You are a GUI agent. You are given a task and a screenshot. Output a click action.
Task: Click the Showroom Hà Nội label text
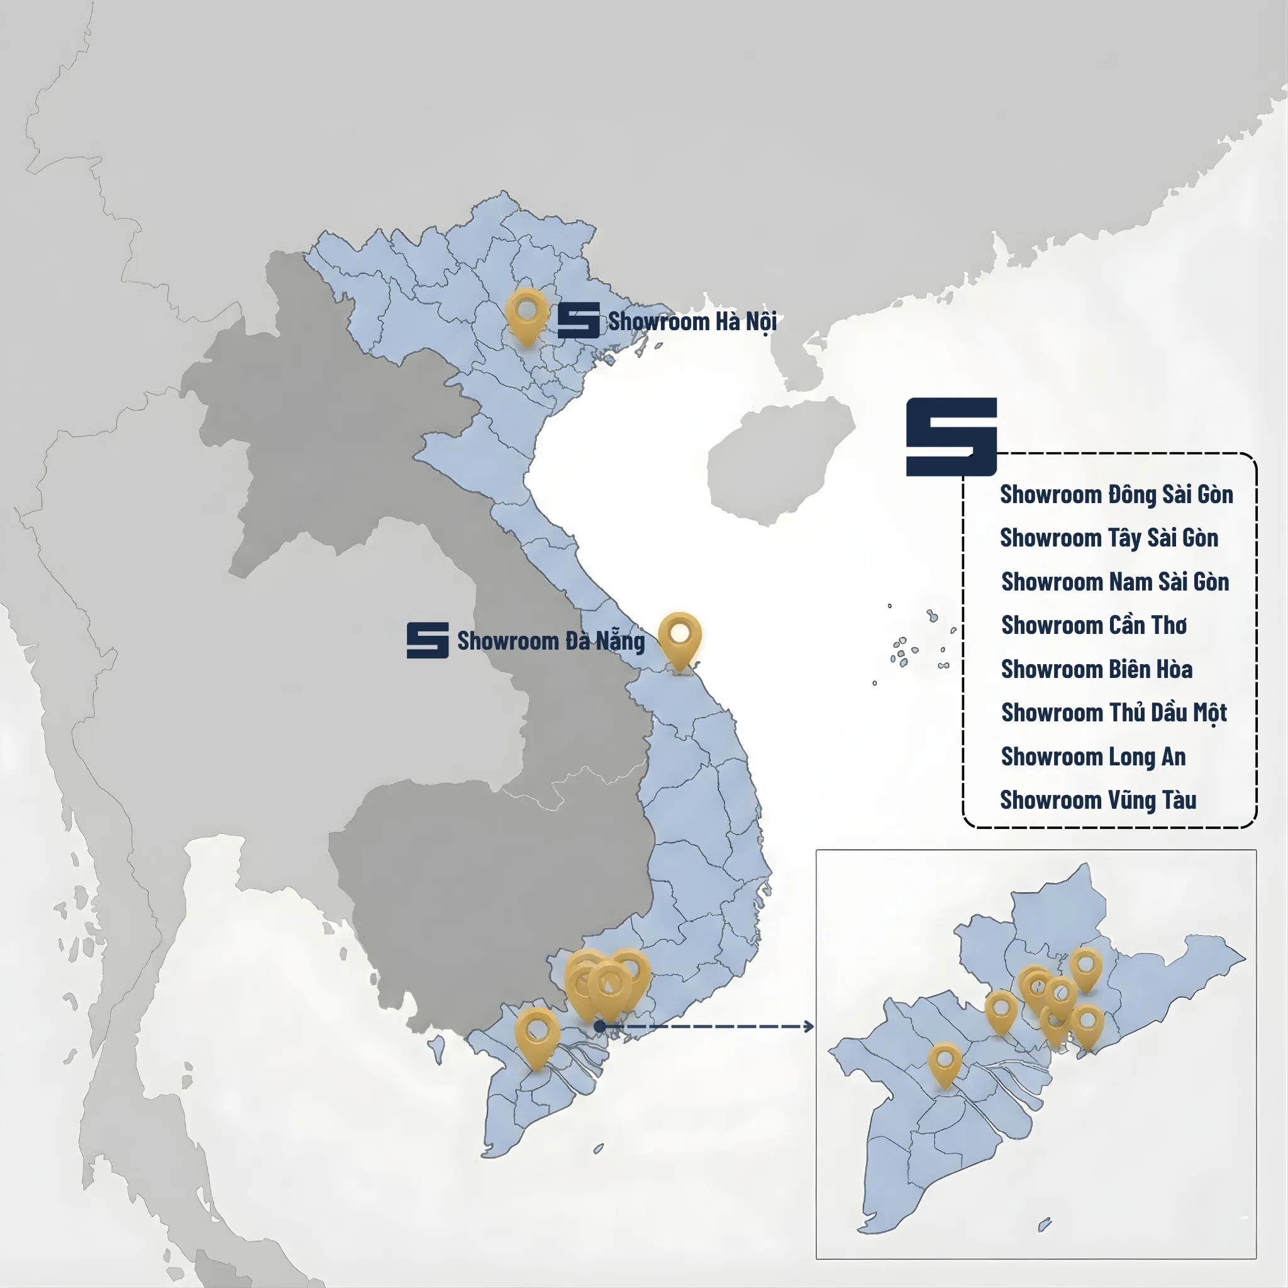692,322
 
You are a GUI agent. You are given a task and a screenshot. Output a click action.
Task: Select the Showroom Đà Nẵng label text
551,641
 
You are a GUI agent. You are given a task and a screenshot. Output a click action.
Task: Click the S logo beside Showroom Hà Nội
578,321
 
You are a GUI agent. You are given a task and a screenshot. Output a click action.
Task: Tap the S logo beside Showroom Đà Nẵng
427,641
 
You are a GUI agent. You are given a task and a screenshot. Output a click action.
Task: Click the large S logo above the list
951,436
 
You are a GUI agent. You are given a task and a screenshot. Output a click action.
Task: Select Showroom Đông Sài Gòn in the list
1116,495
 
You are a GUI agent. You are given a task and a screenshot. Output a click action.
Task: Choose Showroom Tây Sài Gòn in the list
1109,538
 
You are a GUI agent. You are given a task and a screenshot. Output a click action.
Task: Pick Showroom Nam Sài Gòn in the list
1114,582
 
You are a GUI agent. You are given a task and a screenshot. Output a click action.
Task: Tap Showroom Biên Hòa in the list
1097,669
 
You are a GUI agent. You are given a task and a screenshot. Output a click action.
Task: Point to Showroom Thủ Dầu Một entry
1113,713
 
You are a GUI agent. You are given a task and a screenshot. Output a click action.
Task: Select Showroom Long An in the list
1093,757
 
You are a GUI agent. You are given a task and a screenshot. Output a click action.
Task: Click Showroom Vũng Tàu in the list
1098,800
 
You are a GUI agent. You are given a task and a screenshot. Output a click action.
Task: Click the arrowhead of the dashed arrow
809,1026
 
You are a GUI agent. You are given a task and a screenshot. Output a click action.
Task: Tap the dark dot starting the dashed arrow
599,1026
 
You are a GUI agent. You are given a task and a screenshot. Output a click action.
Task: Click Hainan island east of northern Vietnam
780,460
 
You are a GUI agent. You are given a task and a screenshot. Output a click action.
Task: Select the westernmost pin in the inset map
945,1063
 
